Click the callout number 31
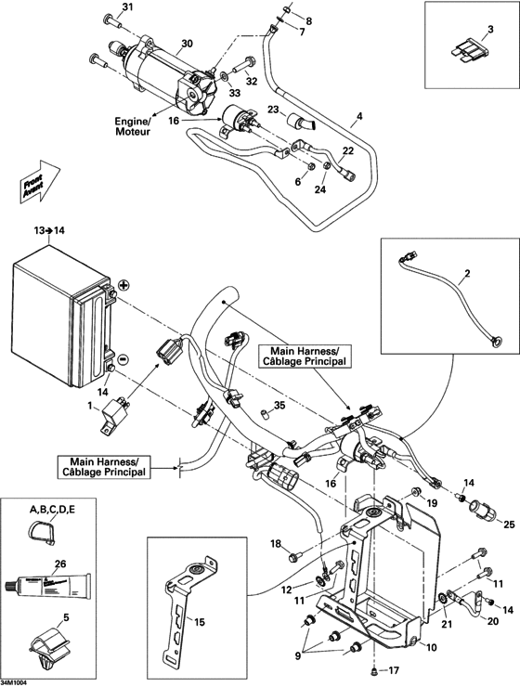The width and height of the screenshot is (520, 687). pos(128,7)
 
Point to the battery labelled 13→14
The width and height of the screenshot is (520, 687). pos(56,316)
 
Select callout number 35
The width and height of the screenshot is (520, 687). pos(280,405)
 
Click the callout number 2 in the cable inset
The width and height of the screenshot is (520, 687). pos(468,275)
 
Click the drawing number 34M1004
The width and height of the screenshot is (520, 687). pos(16,681)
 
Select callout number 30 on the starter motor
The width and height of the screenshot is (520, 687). pos(186,44)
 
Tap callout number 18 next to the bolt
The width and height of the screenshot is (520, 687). pos(276,543)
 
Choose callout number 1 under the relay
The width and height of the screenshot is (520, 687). pos(90,407)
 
